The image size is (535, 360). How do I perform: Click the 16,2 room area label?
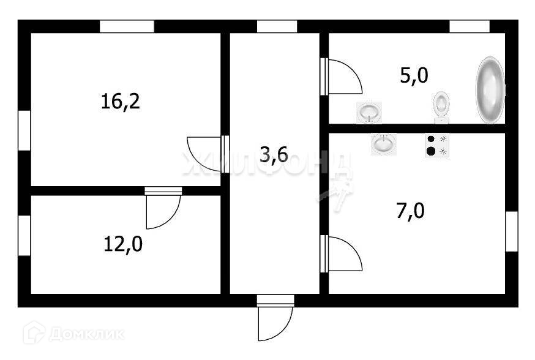[121, 101]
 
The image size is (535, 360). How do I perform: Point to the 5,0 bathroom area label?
[414, 76]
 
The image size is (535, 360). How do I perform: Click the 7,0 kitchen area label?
[410, 212]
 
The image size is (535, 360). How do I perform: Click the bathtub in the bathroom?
[490, 90]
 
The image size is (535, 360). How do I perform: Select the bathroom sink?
[369, 112]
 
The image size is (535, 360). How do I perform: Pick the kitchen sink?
[383, 144]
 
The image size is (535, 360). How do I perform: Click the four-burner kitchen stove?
[437, 145]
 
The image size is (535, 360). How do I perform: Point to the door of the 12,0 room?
[163, 209]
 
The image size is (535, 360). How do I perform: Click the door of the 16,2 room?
[206, 155]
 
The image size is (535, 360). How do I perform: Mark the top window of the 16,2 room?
[127, 26]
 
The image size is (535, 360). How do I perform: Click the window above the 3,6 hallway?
[277, 26]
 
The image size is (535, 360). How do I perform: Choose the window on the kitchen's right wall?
[511, 231]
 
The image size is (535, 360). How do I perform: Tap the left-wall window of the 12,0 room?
[24, 235]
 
